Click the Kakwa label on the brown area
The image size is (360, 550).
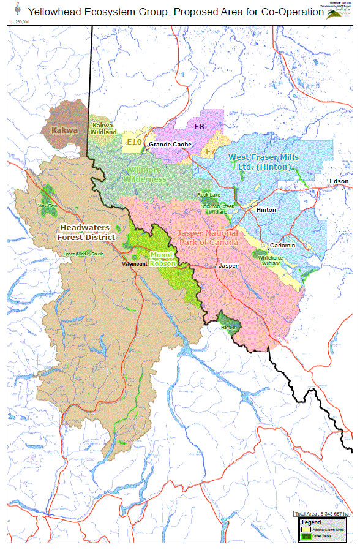pos(65,130)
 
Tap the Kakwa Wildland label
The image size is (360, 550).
pos(103,128)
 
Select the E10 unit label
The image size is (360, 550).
pos(134,142)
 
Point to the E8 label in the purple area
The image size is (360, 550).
pos(199,127)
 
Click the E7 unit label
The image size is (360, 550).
pos(211,151)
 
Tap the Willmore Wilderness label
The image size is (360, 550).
pos(144,175)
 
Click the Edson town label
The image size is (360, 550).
pos(339,181)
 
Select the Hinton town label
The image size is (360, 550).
pos(266,209)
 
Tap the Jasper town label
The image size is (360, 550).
pos(228,266)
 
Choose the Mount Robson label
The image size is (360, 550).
pos(163,258)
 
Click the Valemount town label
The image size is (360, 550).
pos(135,264)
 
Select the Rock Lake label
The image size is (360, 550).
pos(208,194)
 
